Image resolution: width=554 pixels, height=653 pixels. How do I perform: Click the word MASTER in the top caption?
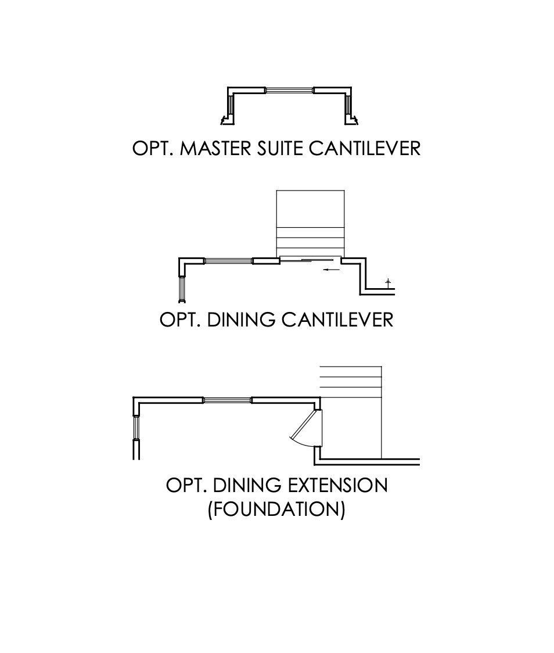tap(217, 148)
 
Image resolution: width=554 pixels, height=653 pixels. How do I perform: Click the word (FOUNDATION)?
tap(276, 510)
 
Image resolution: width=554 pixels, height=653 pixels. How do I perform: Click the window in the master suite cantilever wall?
tap(289, 90)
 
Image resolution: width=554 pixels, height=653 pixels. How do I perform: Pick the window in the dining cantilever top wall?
tap(228, 261)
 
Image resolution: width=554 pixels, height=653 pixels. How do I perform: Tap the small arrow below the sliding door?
tap(332, 270)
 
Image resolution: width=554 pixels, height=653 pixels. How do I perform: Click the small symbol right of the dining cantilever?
tap(388, 283)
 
